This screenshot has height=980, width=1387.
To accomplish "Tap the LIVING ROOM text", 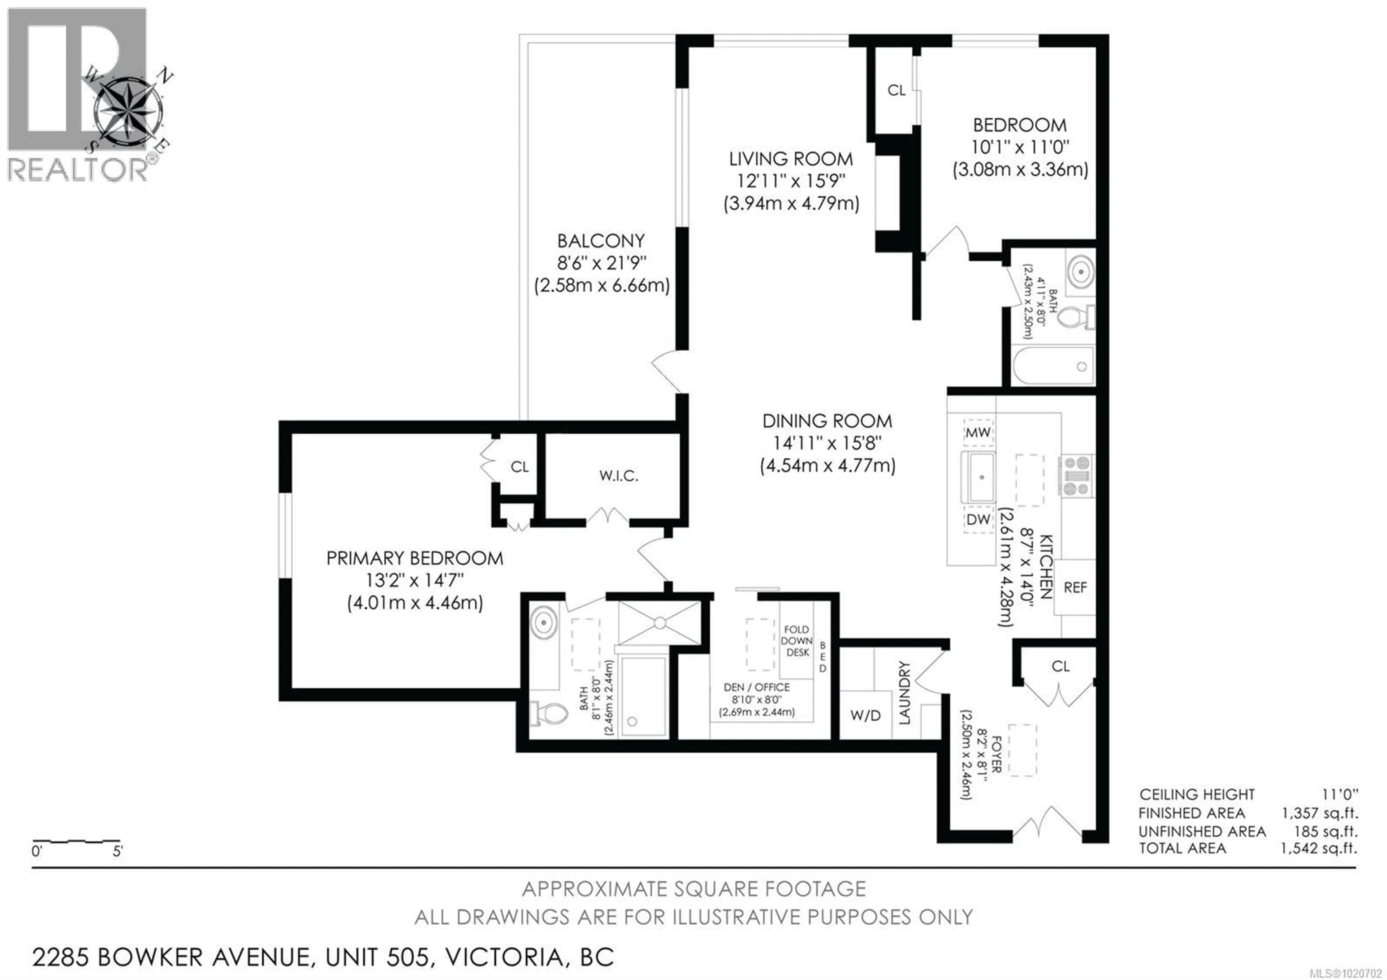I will [x=791, y=159].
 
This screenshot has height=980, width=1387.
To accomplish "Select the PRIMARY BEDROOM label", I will [x=414, y=558].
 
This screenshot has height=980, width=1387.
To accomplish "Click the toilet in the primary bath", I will [x=550, y=714].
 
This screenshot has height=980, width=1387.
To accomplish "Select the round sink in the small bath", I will [x=1080, y=272].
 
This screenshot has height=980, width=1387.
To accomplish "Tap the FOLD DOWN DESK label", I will [x=797, y=641].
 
